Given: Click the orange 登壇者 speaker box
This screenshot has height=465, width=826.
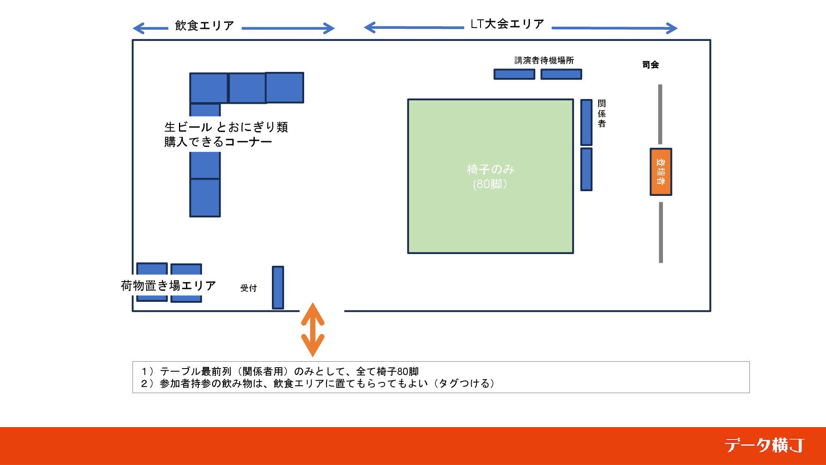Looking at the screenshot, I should (660, 172).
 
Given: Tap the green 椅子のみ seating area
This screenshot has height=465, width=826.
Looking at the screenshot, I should (490, 215).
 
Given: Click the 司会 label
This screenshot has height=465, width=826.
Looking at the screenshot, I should (650, 65).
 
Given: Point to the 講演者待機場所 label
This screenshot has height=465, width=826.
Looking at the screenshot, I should (544, 60).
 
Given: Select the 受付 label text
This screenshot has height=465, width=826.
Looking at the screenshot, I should (249, 288).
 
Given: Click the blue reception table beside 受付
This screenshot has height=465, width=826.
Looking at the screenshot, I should (278, 287).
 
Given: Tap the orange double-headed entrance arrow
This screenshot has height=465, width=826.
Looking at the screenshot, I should (312, 330).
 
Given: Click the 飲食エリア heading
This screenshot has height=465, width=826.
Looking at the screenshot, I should (205, 25).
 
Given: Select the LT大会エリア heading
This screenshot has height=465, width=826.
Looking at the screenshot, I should (508, 24).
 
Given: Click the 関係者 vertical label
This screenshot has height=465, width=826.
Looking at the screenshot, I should (602, 114).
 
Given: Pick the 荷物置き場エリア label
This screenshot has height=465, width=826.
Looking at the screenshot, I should (168, 285).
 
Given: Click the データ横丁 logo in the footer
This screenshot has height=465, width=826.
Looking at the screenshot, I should (764, 445).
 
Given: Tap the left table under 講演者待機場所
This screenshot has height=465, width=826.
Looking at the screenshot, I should (514, 74).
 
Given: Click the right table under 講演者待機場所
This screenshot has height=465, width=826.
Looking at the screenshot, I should (561, 74).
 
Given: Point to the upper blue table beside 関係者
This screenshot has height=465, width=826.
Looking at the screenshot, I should (586, 122).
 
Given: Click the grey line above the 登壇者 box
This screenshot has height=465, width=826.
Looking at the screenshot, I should (660, 114).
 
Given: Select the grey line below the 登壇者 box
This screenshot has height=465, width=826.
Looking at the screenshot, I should (661, 232).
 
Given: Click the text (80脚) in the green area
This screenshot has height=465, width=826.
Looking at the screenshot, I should (490, 184).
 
